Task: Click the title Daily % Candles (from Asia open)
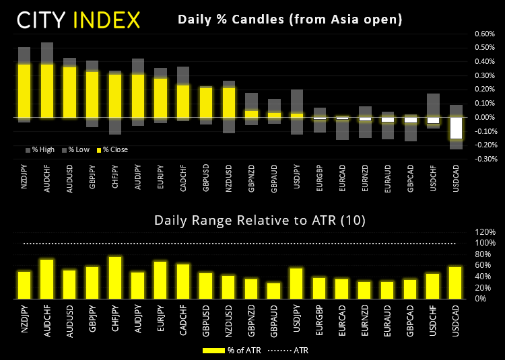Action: pyautogui.click(x=290, y=20)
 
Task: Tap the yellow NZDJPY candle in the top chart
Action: pyautogui.click(x=24, y=91)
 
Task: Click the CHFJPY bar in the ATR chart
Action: pyautogui.click(x=115, y=277)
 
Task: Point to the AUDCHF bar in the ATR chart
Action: pyautogui.click(x=47, y=279)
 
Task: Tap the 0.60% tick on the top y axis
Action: pyautogui.click(x=485, y=34)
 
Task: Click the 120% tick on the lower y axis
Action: pyautogui.click(x=485, y=231)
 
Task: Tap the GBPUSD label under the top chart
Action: pyautogui.click(x=206, y=181)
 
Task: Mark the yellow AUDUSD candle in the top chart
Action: pyautogui.click(x=70, y=92)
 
